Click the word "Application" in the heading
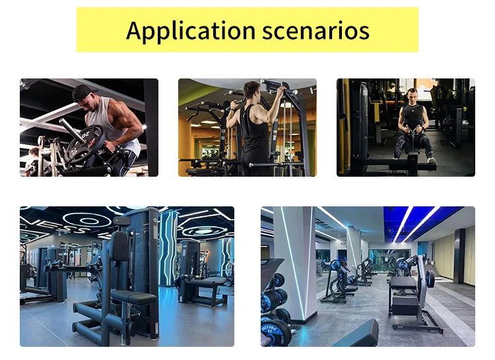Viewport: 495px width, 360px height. point(190,30)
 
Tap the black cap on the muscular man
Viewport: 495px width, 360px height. point(82,92)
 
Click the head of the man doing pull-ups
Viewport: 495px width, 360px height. point(251,90)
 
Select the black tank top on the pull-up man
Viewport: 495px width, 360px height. point(255,135)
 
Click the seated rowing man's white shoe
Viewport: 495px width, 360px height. point(431,160)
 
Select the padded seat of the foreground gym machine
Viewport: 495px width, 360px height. point(133,296)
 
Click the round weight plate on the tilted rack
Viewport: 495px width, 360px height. point(430,279)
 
